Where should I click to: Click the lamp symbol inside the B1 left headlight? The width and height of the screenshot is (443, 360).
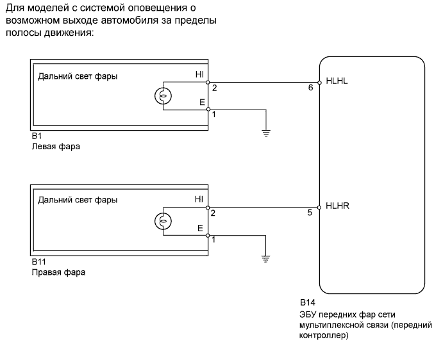point(163,96)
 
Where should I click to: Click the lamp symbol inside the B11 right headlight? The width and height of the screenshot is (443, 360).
point(163,222)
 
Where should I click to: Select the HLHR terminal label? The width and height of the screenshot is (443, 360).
point(337,206)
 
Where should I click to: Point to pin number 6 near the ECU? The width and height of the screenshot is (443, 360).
point(310,88)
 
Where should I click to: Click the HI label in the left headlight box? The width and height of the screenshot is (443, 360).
point(199,75)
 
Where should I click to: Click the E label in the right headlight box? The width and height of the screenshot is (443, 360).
point(200,227)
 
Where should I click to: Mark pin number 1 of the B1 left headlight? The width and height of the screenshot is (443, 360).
point(213,115)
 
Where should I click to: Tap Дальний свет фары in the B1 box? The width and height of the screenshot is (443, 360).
point(78,76)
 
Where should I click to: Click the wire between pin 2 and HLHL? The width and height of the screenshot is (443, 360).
point(263,82)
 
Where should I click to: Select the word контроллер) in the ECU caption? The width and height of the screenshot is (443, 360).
point(323,334)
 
